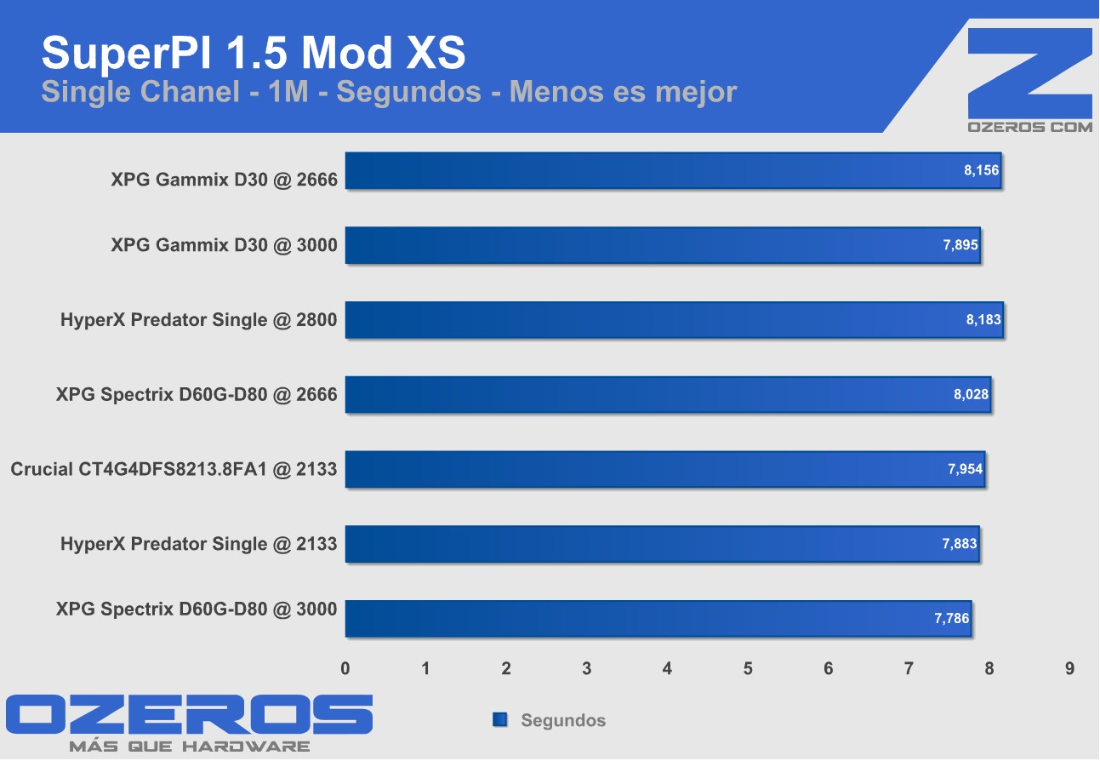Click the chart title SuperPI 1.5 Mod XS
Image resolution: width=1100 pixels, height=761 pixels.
(254, 53)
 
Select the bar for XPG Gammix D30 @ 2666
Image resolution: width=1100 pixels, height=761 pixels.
(672, 171)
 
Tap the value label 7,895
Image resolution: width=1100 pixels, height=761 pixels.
(960, 246)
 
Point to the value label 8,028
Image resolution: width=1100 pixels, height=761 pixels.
(971, 395)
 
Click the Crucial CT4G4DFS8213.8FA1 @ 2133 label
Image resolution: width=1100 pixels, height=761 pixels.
(174, 469)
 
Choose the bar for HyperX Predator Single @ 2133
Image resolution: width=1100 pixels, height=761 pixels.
(662, 544)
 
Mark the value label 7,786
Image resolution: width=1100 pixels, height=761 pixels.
(951, 619)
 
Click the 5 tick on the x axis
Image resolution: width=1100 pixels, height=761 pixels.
(748, 669)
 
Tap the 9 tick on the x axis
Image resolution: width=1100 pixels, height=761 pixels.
(1069, 669)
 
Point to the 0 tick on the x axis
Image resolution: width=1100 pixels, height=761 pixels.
(345, 669)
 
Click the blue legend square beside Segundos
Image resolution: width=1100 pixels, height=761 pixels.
(500, 720)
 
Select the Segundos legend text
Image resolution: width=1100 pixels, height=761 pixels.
(563, 721)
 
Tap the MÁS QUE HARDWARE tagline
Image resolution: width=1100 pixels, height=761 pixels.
(189, 747)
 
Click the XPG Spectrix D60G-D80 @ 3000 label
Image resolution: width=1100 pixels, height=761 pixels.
(197, 609)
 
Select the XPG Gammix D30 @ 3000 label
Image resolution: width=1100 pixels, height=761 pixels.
(224, 245)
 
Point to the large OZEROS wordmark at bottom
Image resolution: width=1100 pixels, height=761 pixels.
(189, 715)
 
